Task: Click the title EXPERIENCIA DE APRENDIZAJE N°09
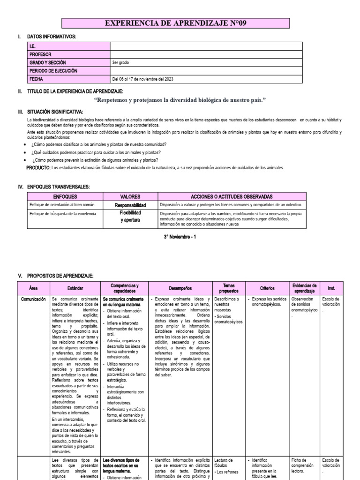click(176, 24)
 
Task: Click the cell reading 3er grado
click(120, 62)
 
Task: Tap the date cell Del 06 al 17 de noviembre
click(142, 79)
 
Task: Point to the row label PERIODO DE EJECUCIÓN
click(53, 71)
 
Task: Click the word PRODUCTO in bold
click(38, 167)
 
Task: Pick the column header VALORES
click(130, 197)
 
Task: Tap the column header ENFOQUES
click(65, 197)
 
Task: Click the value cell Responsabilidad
click(130, 205)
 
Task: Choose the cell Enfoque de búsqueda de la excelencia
click(62, 214)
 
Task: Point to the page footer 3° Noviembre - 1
click(180, 237)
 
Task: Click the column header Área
click(33, 288)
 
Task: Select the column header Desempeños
click(180, 288)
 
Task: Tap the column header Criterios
click(267, 288)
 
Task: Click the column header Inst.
click(331, 288)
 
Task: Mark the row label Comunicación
click(33, 299)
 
